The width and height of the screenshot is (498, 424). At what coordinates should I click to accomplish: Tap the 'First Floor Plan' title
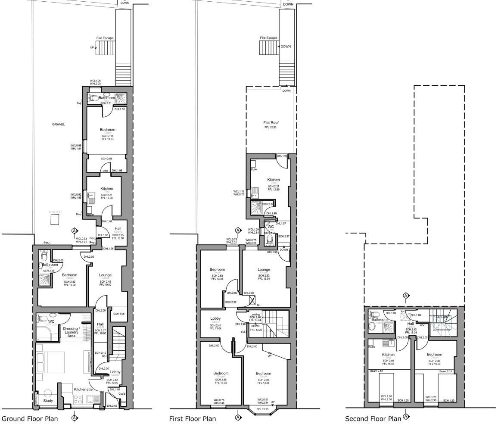pos(193,418)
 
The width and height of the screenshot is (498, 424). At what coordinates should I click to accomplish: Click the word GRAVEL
pos(58,124)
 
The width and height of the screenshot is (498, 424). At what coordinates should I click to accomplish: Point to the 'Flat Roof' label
pos(271,122)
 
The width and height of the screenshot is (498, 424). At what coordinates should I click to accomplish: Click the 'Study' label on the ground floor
pos(48,401)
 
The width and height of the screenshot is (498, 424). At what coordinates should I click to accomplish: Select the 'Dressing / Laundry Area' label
pos(72,332)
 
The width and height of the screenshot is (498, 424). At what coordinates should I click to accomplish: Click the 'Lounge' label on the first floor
pos(264,270)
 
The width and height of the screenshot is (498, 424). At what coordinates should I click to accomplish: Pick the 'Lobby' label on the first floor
pos(215,319)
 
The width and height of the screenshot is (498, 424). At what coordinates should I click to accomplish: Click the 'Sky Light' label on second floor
pos(441,317)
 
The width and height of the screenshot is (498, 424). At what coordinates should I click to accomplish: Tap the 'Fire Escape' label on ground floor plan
pos(105,38)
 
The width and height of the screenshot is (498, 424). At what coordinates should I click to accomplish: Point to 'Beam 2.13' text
pos(377,371)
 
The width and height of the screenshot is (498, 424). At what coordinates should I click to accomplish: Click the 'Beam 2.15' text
pos(445,371)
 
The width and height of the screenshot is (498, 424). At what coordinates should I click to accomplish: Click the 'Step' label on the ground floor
pos(105,171)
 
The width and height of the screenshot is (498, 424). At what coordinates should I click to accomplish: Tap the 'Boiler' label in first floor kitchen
pos(254,169)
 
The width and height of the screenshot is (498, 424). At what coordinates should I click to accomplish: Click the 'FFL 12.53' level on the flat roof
pos(271,127)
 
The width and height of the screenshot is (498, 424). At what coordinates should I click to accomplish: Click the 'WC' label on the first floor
pos(271,226)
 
